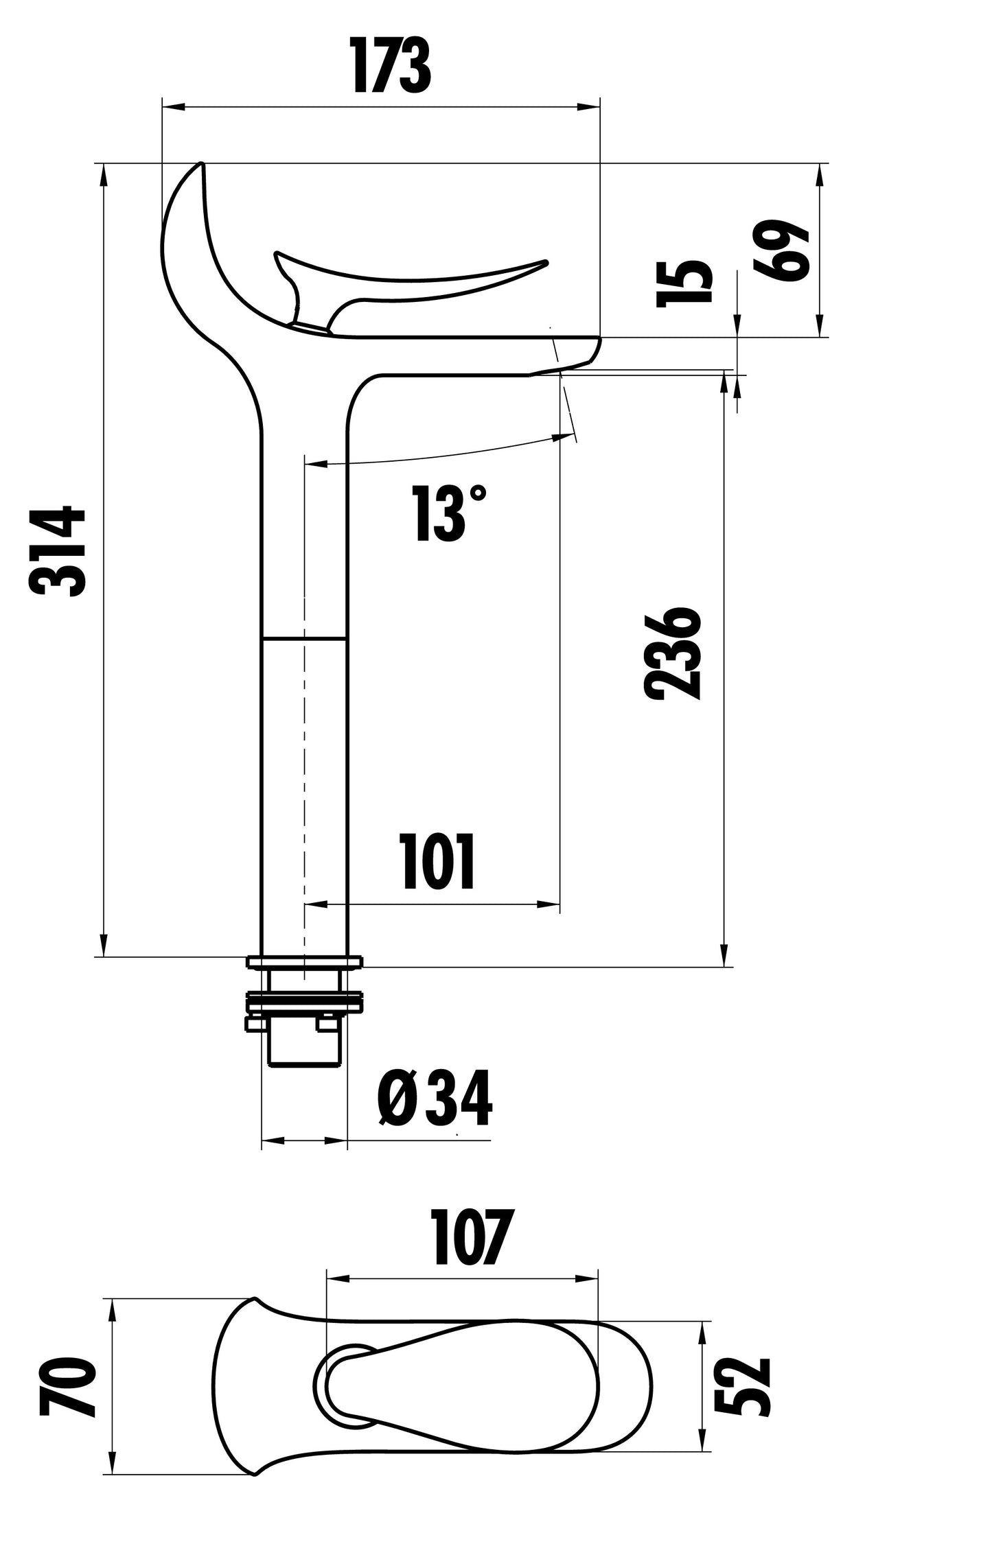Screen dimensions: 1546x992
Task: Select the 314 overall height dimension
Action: [58, 552]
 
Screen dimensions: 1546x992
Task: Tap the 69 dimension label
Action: [781, 250]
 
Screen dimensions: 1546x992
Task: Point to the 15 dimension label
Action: [684, 284]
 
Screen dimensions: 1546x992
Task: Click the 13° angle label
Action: [450, 513]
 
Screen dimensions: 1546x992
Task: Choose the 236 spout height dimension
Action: [673, 653]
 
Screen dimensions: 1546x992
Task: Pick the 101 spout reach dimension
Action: [438, 863]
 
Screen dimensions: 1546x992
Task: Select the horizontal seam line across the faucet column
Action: [303, 640]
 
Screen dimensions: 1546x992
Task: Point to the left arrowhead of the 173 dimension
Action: [172, 107]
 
